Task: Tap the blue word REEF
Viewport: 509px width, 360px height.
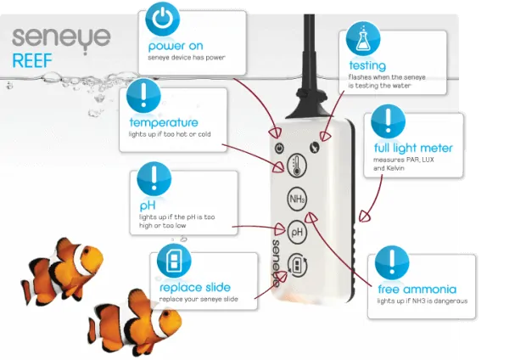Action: click(x=32, y=61)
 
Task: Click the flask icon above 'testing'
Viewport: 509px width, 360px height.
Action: click(x=363, y=38)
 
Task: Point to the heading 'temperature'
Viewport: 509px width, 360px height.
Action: click(x=164, y=122)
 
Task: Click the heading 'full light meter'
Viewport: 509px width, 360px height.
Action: click(x=413, y=148)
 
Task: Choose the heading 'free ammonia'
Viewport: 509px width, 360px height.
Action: click(x=417, y=289)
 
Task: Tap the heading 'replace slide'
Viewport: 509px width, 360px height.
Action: click(x=195, y=287)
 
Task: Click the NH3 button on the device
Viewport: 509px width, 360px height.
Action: click(x=297, y=199)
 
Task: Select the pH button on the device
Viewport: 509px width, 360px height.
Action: click(x=297, y=232)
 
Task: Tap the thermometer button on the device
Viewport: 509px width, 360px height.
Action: click(x=297, y=166)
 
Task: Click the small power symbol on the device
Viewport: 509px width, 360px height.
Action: click(x=279, y=149)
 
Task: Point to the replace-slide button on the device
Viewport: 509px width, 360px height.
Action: click(x=297, y=266)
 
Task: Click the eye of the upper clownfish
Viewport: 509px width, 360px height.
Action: click(x=87, y=250)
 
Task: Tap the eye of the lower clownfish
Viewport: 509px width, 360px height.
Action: click(x=166, y=314)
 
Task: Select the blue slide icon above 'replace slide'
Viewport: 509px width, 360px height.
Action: click(x=174, y=261)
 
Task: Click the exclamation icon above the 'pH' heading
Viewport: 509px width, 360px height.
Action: click(x=154, y=178)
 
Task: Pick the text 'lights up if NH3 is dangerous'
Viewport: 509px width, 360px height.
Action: click(x=422, y=301)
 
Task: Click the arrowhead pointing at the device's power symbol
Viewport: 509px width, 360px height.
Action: click(x=275, y=132)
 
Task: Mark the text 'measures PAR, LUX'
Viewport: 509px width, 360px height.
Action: click(x=404, y=160)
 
